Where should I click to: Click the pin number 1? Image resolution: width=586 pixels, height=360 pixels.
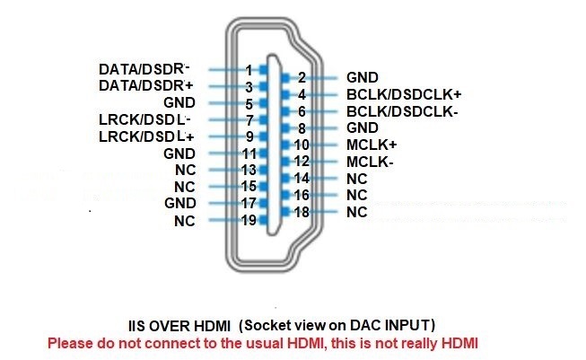(249, 70)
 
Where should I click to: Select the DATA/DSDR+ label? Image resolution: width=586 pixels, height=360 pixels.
(145, 85)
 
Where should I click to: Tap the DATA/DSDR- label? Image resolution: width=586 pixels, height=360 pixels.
(144, 69)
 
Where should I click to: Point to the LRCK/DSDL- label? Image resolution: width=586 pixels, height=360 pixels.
(145, 119)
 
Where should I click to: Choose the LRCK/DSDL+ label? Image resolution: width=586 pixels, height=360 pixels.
(146, 136)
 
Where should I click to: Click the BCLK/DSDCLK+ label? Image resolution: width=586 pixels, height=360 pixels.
(404, 94)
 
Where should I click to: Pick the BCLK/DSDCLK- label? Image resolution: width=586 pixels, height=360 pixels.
(403, 111)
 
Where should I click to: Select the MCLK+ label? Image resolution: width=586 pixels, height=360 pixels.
(372, 145)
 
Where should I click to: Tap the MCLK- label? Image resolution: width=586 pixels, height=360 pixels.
(370, 162)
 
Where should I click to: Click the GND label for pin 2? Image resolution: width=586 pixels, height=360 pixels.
(363, 77)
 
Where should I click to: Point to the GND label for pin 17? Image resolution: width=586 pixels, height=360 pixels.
(180, 203)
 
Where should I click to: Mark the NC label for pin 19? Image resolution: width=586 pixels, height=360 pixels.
(185, 221)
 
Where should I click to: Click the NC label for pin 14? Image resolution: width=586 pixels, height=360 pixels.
(357, 179)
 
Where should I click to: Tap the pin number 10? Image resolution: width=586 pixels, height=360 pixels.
(302, 145)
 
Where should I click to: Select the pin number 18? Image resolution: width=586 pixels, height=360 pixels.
(302, 212)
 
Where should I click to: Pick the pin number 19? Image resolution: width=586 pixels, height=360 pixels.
(249, 220)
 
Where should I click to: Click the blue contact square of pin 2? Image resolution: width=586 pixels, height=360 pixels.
(285, 78)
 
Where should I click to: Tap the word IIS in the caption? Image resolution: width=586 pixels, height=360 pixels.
(136, 326)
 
